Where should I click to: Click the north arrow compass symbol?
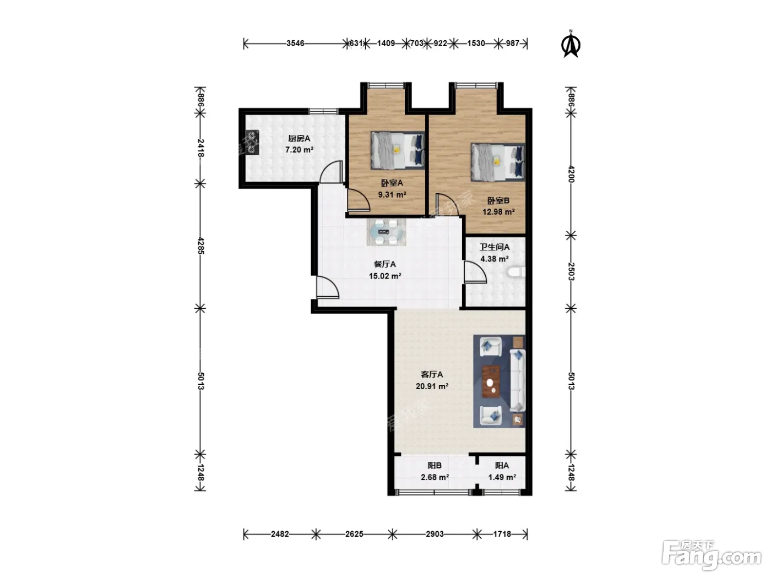pyautogui.click(x=571, y=44)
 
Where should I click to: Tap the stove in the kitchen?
pyautogui.click(x=252, y=142)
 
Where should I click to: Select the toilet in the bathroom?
pyautogui.click(x=516, y=272)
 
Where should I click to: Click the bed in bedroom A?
pyautogui.click(x=397, y=150)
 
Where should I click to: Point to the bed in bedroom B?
pyautogui.click(x=498, y=162)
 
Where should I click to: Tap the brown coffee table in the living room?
pyautogui.click(x=491, y=382)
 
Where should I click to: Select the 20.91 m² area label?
pyautogui.click(x=432, y=386)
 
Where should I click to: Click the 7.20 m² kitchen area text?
pyautogui.click(x=299, y=150)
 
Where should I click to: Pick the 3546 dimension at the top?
pyautogui.click(x=295, y=43)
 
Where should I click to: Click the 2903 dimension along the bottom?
pyautogui.click(x=435, y=534)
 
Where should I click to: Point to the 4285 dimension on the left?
pyautogui.click(x=200, y=246)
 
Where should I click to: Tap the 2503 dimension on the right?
pyautogui.click(x=571, y=271)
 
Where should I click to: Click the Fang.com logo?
pyautogui.click(x=712, y=556)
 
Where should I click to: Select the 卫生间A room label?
pyautogui.click(x=495, y=247)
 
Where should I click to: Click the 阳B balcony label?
pyautogui.click(x=435, y=465)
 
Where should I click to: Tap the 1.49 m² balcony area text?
pyautogui.click(x=502, y=477)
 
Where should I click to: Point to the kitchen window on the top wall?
pyautogui.click(x=323, y=111)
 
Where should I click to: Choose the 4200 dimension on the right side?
pyautogui.click(x=571, y=174)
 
